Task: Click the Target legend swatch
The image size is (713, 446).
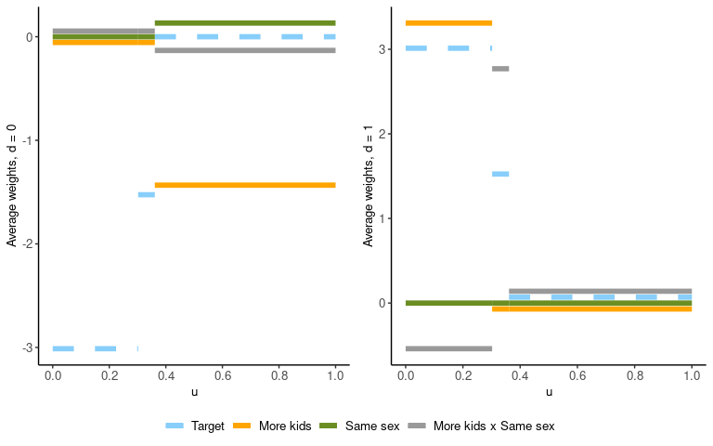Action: (x=175, y=426)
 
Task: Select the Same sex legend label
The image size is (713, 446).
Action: (x=372, y=426)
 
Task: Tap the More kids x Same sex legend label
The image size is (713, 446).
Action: (x=494, y=426)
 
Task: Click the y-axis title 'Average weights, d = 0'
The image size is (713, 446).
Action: (x=12, y=186)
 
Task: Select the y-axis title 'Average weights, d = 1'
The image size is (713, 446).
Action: (x=368, y=186)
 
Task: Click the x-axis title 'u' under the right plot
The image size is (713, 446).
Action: (x=549, y=392)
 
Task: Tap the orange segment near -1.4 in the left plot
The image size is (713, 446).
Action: (x=245, y=185)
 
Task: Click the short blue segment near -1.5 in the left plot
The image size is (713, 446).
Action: (x=146, y=194)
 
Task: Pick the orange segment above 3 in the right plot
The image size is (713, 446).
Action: (x=448, y=23)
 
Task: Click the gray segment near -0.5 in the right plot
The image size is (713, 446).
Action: (x=448, y=348)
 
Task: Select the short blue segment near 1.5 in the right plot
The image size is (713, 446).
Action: (x=500, y=174)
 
